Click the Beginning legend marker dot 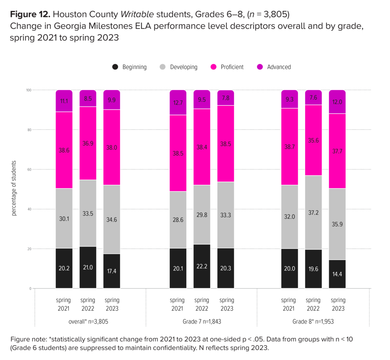[115, 67]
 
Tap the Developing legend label [183, 67]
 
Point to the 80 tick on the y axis [29, 130]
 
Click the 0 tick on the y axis [30, 288]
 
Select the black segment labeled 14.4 [337, 274]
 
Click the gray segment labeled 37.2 [313, 212]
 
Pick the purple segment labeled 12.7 [178, 102]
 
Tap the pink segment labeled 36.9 [88, 143]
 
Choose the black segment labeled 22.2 [202, 266]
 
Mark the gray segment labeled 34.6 [112, 219]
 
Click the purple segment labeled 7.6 [313, 98]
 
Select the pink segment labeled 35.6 [313, 140]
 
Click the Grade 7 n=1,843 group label [202, 322]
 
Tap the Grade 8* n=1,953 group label [313, 322]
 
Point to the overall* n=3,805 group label [88, 322]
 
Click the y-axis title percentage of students [14, 188]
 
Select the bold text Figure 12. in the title [30, 14]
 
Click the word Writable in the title [137, 14]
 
